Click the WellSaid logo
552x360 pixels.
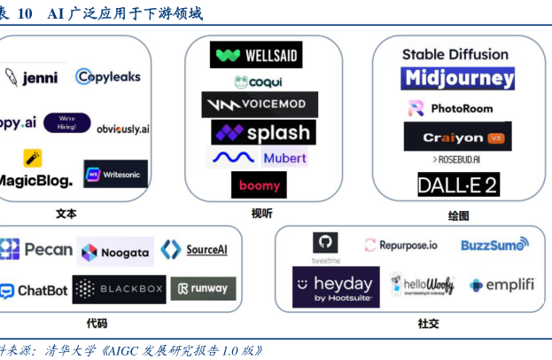point(256,55)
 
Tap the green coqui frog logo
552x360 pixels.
point(259,82)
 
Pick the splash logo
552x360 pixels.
point(262,133)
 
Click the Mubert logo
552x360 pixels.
point(259,158)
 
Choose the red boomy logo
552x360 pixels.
point(259,185)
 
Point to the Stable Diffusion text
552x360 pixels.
point(455,54)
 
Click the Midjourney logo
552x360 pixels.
point(458,78)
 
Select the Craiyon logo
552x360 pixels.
point(457,137)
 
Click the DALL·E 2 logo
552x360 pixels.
point(459,184)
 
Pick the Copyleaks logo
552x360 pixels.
point(108,76)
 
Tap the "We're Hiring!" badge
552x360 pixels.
point(67,122)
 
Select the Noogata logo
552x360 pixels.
point(114,252)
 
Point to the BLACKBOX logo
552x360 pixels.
point(119,290)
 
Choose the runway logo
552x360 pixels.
point(203,288)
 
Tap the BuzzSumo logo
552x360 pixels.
point(494,244)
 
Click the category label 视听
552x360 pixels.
point(262,214)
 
